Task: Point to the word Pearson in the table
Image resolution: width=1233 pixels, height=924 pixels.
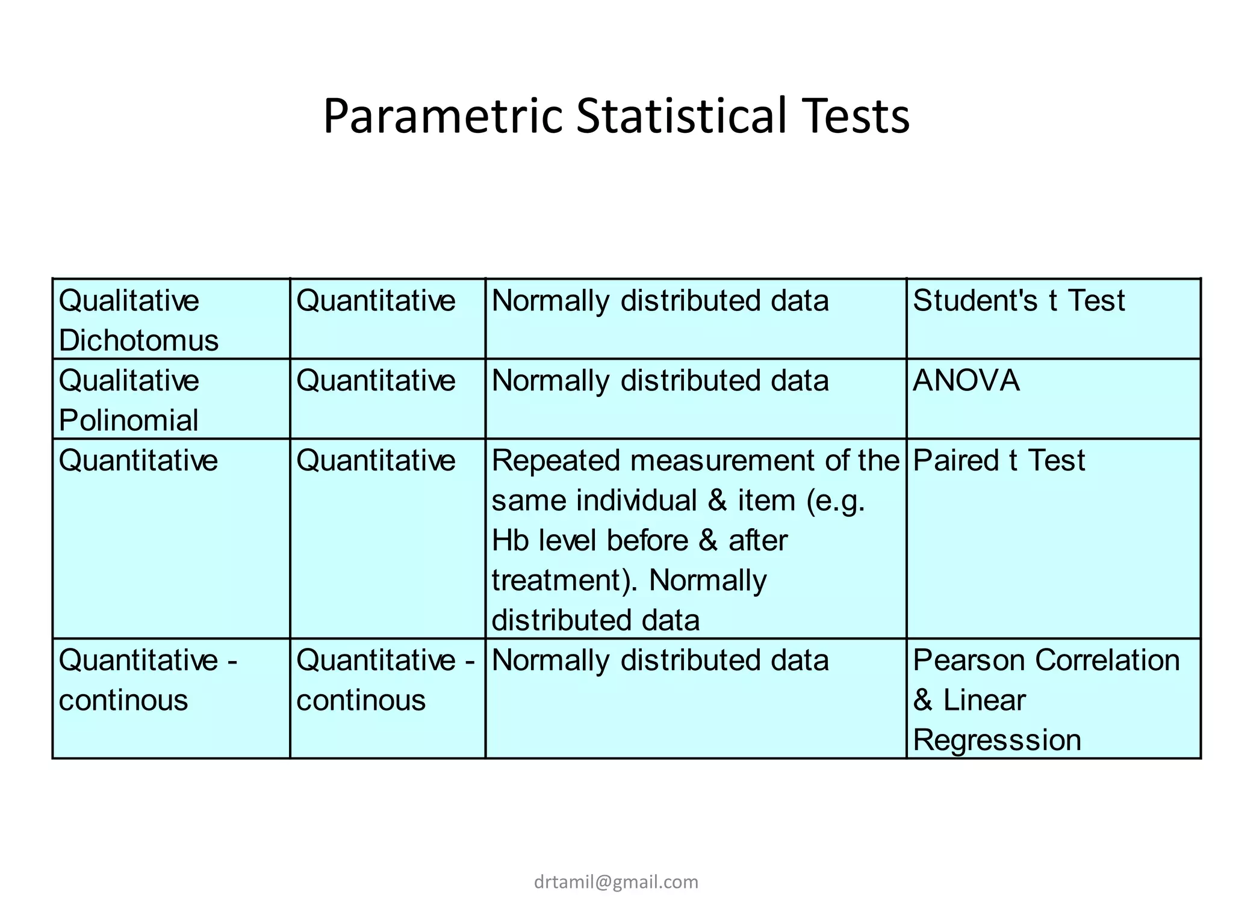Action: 969,661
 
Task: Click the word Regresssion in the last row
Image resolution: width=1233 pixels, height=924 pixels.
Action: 997,740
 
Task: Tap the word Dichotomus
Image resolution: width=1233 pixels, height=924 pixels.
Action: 138,340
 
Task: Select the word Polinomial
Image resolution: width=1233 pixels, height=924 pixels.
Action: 129,420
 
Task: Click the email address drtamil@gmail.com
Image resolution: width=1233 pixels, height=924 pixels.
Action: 616,882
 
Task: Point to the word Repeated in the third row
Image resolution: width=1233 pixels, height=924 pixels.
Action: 556,461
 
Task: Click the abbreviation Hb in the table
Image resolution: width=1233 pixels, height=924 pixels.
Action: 510,540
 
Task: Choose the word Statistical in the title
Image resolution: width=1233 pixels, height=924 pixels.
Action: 681,116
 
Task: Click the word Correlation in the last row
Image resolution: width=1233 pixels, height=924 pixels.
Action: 1107,661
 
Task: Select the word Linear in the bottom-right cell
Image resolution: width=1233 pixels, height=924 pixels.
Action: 984,700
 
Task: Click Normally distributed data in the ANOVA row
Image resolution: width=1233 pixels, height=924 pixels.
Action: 660,381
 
